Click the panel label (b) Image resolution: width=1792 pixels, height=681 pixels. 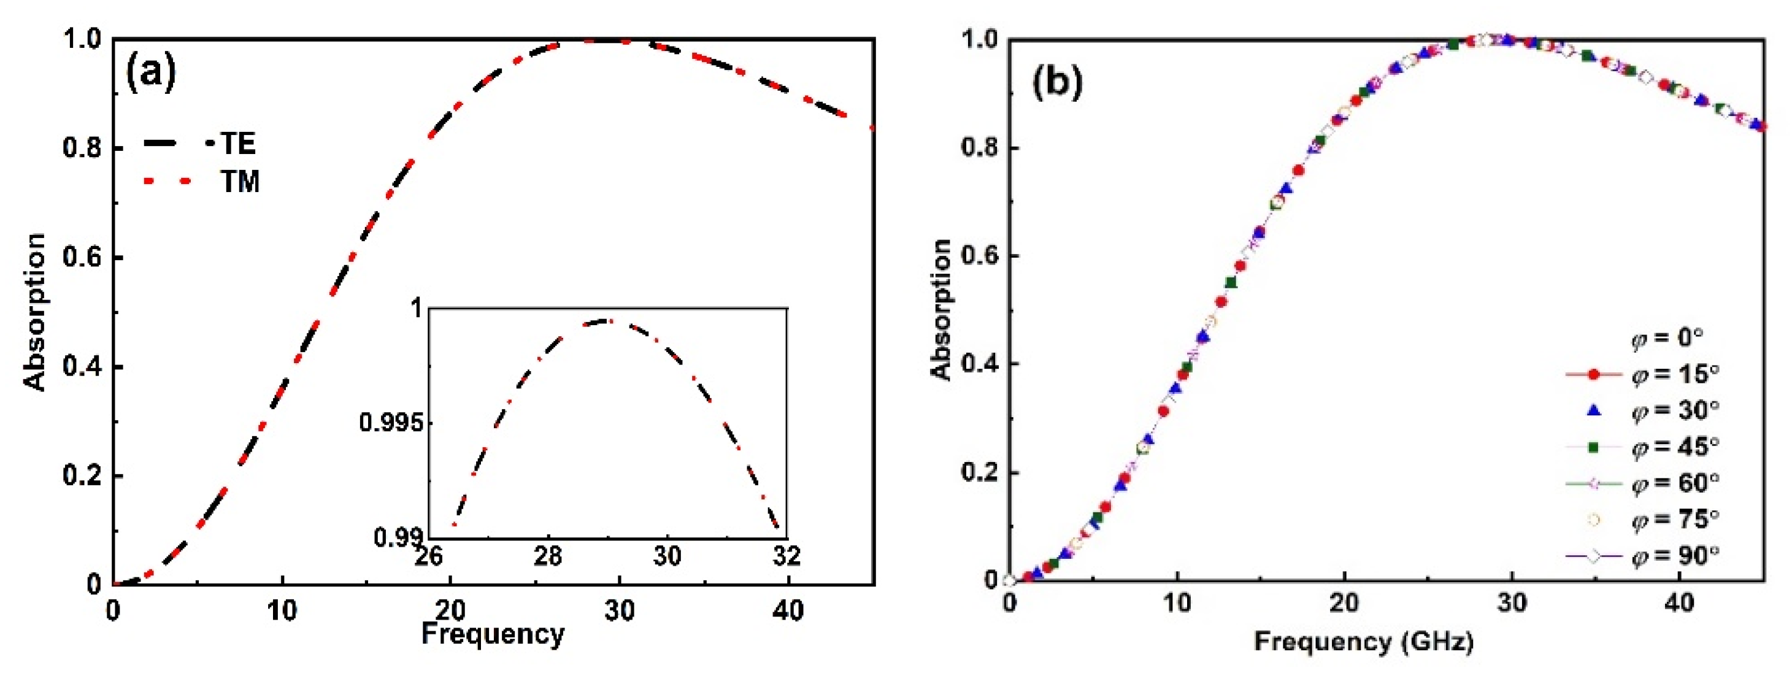pos(1056,82)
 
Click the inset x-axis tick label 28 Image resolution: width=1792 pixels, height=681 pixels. pos(548,556)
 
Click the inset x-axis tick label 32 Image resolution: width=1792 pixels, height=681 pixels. pos(786,556)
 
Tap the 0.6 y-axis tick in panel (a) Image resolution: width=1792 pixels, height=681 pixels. pos(82,258)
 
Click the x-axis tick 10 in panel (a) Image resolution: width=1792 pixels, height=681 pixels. pos(282,610)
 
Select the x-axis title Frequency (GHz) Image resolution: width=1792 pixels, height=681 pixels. pos(1363,641)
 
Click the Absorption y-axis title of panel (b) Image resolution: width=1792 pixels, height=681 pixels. pos(940,310)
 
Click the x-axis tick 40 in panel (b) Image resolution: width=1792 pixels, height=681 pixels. pos(1679,602)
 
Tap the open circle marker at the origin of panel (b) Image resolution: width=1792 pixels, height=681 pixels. pos(1010,579)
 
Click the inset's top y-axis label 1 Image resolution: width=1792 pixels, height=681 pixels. pos(417,308)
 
